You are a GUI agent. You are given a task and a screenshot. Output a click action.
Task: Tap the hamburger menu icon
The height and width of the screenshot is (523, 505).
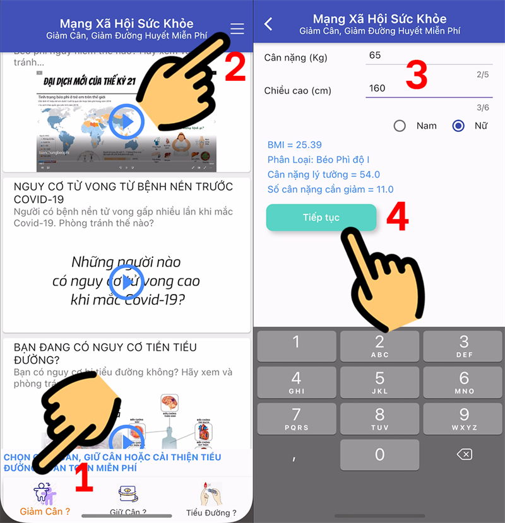[237, 29]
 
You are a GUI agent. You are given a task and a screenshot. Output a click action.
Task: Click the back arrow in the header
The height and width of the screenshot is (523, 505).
[269, 24]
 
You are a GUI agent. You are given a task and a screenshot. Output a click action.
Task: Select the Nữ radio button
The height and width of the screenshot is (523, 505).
[459, 126]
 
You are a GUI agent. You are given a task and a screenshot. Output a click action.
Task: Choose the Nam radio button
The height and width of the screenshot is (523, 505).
[400, 126]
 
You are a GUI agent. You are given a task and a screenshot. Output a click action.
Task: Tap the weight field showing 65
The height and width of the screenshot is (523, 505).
[417, 56]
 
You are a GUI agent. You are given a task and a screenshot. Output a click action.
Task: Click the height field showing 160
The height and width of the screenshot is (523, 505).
[417, 88]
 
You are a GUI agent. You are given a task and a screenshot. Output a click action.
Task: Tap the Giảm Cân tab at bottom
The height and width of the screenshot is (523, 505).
[44, 498]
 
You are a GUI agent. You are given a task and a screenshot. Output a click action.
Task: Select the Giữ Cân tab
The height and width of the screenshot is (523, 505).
[128, 500]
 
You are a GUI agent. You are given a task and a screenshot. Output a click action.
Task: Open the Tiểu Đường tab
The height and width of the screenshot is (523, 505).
[211, 500]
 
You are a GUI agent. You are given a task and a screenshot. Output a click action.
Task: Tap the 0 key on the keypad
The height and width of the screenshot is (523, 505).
[379, 454]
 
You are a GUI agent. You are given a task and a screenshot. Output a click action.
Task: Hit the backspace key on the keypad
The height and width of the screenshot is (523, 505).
[464, 454]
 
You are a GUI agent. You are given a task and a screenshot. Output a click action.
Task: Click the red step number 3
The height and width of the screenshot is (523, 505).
[416, 75]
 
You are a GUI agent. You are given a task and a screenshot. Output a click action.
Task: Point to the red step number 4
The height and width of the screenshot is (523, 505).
[397, 217]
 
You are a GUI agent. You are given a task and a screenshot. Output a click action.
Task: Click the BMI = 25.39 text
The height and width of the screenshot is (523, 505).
[295, 144]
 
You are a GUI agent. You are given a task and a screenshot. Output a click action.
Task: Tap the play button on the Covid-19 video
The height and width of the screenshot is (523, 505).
[127, 281]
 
